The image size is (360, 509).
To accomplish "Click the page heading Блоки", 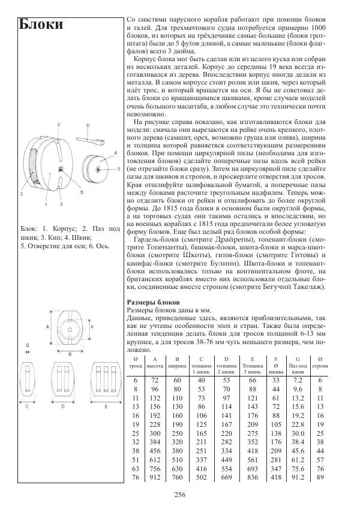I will coord(41,25).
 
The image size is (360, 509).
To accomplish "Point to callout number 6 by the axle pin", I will coord(87,126).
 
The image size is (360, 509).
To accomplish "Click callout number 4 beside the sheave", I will coord(115,153).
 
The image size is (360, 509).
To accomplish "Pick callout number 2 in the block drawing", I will coord(21,194).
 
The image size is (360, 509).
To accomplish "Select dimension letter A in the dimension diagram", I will coord(47,327).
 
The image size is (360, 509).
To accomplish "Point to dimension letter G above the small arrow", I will coord(27,346).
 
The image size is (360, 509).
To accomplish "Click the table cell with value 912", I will coord(155,477).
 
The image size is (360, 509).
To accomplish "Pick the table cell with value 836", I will coord(253,477).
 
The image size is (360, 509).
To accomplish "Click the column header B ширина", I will coord(178,362).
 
